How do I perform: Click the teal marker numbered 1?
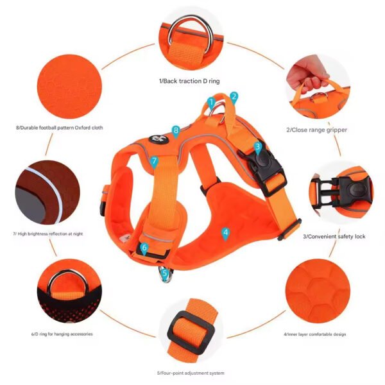[211, 103]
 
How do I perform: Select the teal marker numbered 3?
[257, 148]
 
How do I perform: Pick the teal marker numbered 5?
[165, 274]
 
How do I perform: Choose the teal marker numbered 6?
[144, 248]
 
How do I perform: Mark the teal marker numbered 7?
[154, 162]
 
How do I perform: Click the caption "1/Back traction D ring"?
[189, 81]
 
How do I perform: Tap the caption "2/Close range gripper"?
[317, 130]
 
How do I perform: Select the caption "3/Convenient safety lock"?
[334, 236]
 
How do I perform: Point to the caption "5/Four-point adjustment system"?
[191, 373]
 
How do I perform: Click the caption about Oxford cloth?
[60, 128]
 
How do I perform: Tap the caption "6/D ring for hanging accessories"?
[62, 334]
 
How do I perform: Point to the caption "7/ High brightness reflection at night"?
[48, 234]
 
